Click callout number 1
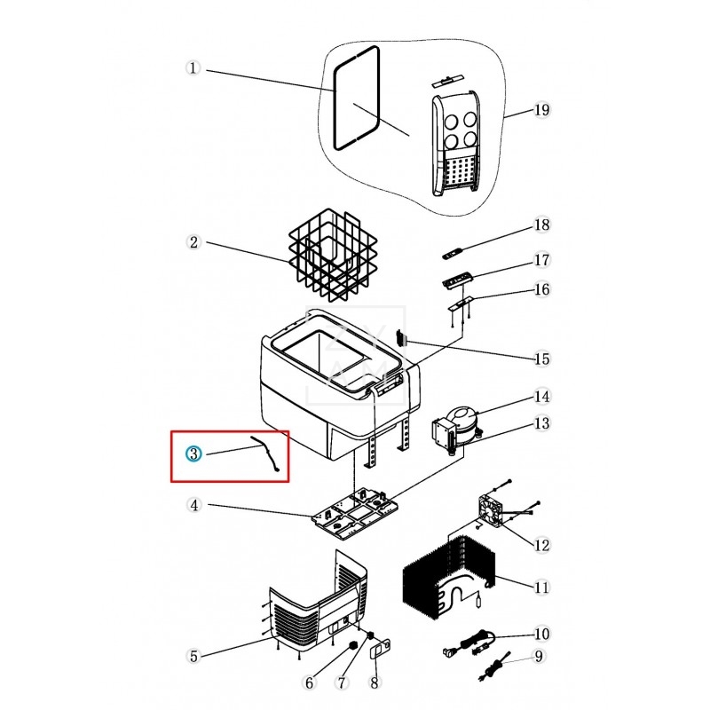pyautogui.click(x=193, y=68)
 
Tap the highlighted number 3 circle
pyautogui.click(x=193, y=454)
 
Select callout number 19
pyautogui.click(x=541, y=110)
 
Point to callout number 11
pyautogui.click(x=541, y=588)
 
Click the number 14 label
pyautogui.click(x=541, y=397)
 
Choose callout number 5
pyautogui.click(x=193, y=656)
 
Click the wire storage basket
pyautogui.click(x=333, y=255)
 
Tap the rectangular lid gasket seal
pyautogui.click(x=357, y=98)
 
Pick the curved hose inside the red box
pyautogui.click(x=265, y=454)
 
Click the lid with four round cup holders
pyautogui.click(x=454, y=143)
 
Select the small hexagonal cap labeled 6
pyautogui.click(x=352, y=645)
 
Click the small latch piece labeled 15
pyautogui.click(x=401, y=338)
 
